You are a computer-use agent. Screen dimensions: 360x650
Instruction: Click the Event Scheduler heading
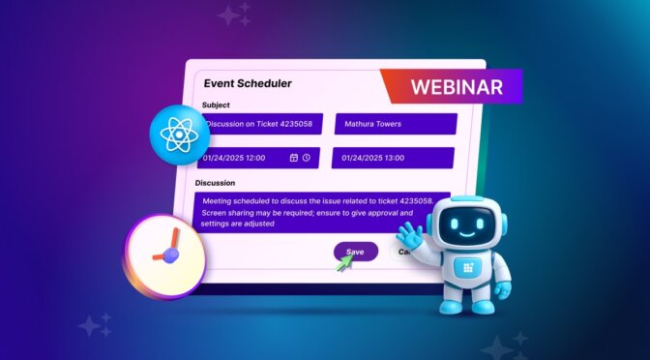click(248, 83)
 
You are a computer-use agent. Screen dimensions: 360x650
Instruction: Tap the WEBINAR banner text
click(457, 86)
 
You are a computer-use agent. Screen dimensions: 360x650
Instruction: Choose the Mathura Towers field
click(395, 124)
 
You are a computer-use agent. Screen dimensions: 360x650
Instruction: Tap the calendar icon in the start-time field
click(294, 157)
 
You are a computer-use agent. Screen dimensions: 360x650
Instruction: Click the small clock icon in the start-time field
click(307, 157)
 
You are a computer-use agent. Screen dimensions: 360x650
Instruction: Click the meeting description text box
click(323, 211)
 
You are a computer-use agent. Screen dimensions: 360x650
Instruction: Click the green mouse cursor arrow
click(343, 262)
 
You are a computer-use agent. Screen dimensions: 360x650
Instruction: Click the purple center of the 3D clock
click(171, 255)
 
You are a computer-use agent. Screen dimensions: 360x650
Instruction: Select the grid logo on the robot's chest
click(471, 269)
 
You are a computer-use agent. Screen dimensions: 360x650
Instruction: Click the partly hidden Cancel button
click(402, 252)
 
